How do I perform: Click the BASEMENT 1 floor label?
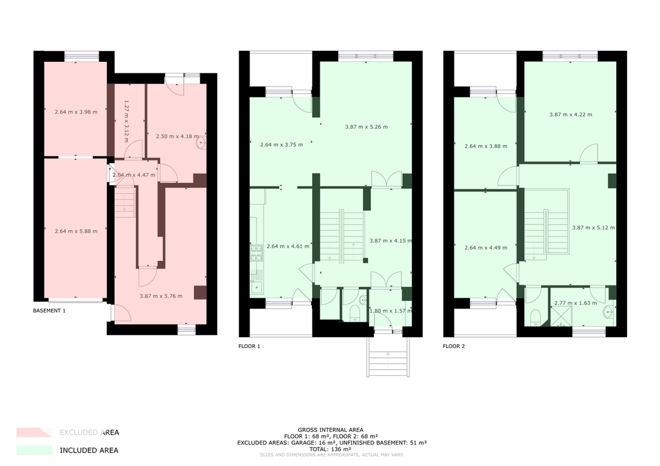pos(49,311)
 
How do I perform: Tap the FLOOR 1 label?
pos(249,346)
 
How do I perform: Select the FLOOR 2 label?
pos(454,346)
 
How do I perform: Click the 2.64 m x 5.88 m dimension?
pos(76,231)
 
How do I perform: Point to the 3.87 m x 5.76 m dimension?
pos(160,296)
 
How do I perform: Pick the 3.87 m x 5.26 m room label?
pos(366,127)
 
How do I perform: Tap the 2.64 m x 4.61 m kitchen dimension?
pos(288,246)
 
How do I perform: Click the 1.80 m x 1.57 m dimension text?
pos(390,311)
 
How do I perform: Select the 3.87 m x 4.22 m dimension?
pos(571,115)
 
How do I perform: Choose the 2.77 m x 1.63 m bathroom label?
pos(576,303)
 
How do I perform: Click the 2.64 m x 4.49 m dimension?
pos(486,248)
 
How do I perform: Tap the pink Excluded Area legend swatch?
pos(35,432)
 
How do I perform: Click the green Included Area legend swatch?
pos(35,450)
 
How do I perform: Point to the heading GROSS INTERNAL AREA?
pos(331,430)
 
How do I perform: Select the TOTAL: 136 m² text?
pos(331,449)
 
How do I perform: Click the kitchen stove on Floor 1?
pos(257,253)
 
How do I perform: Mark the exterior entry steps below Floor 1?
pos(388,357)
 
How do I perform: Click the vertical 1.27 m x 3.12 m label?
pos(126,121)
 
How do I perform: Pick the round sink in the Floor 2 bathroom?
pos(607,312)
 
